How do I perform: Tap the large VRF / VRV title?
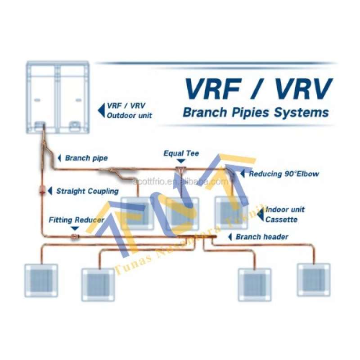pyautogui.click(x=259, y=89)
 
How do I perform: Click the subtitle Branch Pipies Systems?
pyautogui.click(x=256, y=112)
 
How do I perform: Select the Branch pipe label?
pyautogui.click(x=86, y=158)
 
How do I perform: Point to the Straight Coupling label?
pyautogui.click(x=87, y=191)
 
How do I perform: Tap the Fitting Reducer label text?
pyautogui.click(x=76, y=220)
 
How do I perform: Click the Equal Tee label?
pyautogui.click(x=181, y=153)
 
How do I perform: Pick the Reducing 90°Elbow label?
pyautogui.click(x=284, y=174)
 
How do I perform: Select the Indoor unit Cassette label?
pyautogui.click(x=284, y=214)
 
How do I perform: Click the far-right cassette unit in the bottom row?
pyautogui.click(x=314, y=279)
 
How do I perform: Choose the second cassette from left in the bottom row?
pyautogui.click(x=98, y=284)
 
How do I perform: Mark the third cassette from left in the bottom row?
pyautogui.click(x=254, y=284)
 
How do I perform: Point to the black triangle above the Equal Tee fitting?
pyautogui.click(x=181, y=161)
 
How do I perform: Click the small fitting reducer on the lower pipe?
pyautogui.click(x=75, y=235)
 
